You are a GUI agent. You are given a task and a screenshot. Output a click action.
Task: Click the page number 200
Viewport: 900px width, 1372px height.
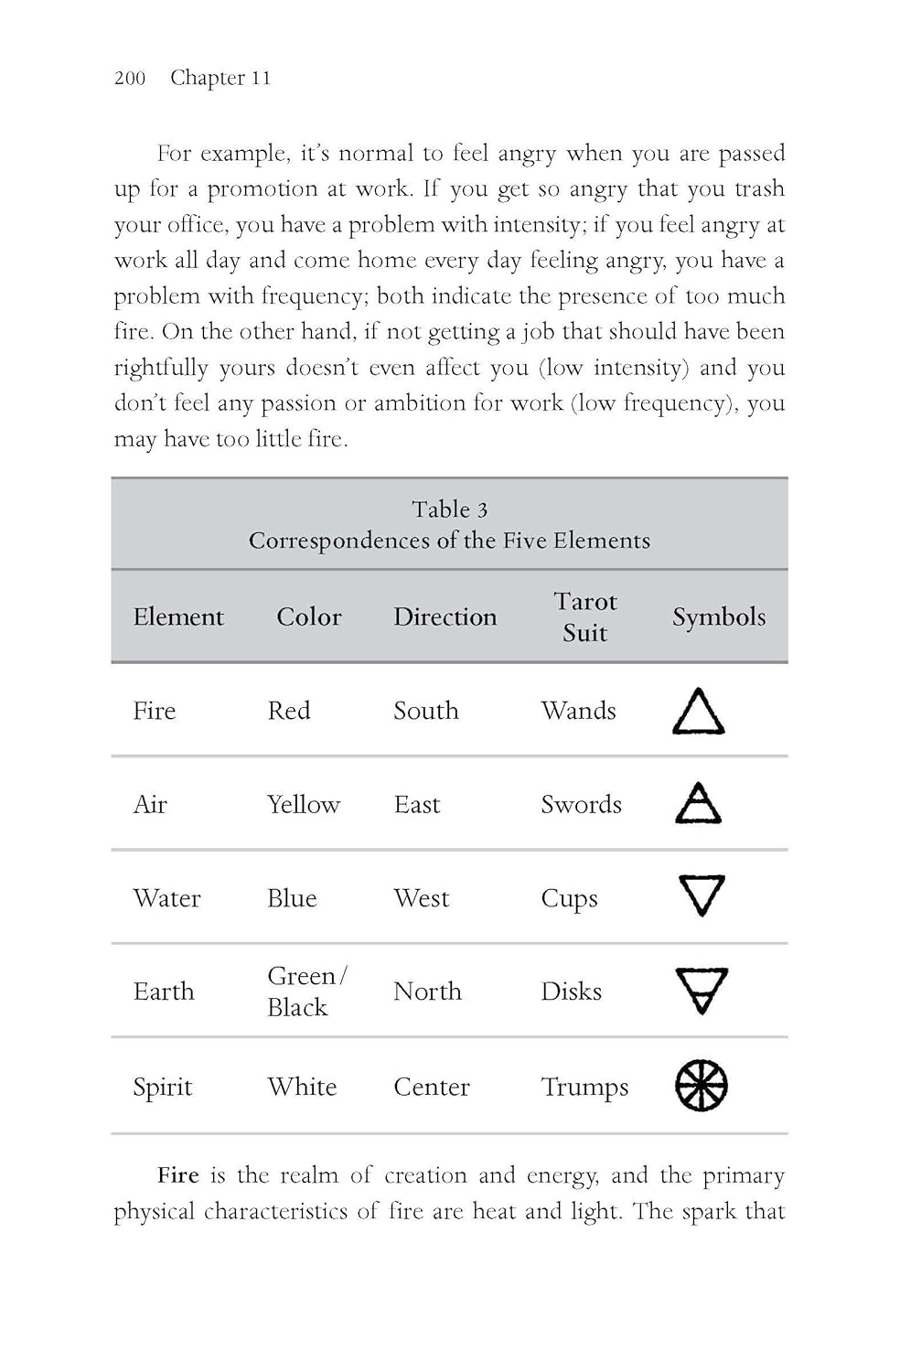pyautogui.click(x=130, y=78)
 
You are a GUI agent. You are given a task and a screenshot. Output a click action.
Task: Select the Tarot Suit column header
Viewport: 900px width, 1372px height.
pyautogui.click(x=584, y=616)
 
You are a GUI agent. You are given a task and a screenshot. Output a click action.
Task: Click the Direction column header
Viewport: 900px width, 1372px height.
pyautogui.click(x=445, y=616)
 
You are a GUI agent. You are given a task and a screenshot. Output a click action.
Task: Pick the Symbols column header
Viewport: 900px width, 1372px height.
pyautogui.click(x=718, y=616)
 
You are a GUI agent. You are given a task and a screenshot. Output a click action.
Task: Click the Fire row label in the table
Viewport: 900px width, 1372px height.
pyautogui.click(x=154, y=711)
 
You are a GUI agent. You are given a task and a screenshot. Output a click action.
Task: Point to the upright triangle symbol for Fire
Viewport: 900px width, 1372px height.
pyautogui.click(x=699, y=712)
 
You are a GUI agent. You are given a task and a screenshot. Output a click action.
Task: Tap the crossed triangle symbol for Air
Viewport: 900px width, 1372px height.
pyautogui.click(x=699, y=804)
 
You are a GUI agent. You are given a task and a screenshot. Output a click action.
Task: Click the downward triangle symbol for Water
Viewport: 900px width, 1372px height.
pyautogui.click(x=702, y=895)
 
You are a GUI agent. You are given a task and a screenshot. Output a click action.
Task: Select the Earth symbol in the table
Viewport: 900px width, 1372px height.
pyautogui.click(x=702, y=991)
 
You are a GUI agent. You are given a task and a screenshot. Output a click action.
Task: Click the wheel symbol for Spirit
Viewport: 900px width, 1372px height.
pyautogui.click(x=702, y=1086)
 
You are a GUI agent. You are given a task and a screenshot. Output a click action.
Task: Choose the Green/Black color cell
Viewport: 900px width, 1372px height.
pyautogui.click(x=305, y=991)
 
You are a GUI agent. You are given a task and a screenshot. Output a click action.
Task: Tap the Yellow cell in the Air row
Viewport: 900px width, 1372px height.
pyautogui.click(x=303, y=805)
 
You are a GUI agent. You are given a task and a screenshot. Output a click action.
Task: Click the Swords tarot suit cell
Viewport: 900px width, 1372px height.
pyautogui.click(x=581, y=805)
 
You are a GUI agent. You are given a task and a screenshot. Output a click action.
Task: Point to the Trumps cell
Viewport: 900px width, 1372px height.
pyautogui.click(x=584, y=1087)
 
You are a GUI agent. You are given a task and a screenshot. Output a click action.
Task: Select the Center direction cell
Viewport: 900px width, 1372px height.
pyautogui.click(x=431, y=1087)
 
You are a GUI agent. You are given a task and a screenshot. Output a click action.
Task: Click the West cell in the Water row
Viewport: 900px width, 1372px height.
pyautogui.click(x=421, y=898)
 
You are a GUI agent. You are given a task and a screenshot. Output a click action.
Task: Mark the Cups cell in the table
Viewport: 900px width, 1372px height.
pyautogui.click(x=569, y=899)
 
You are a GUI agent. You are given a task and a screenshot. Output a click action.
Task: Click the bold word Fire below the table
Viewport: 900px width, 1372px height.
pyautogui.click(x=177, y=1175)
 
